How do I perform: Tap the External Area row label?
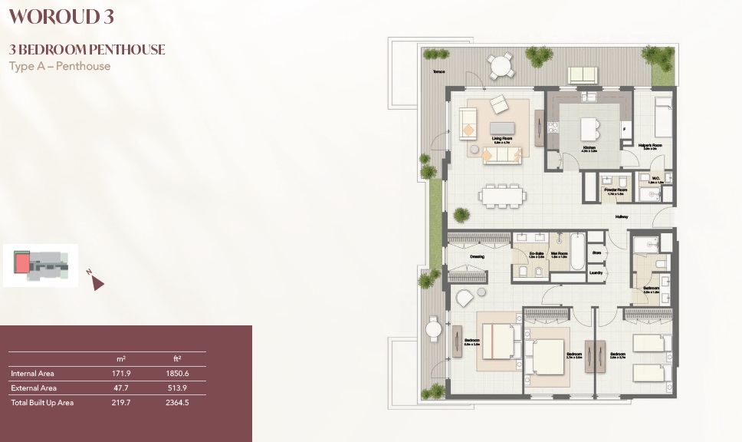(x=33, y=388)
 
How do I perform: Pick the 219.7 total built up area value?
(x=121, y=403)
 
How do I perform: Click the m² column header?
(x=121, y=358)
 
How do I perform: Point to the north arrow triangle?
(x=97, y=284)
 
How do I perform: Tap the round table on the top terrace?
(x=501, y=66)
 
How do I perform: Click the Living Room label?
(x=502, y=138)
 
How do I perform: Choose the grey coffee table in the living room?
(x=503, y=127)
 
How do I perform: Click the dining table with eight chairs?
(x=502, y=196)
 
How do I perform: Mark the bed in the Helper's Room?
(x=662, y=119)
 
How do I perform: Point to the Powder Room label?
(x=616, y=189)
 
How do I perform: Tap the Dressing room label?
(x=475, y=256)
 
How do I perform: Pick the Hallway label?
(x=621, y=217)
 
